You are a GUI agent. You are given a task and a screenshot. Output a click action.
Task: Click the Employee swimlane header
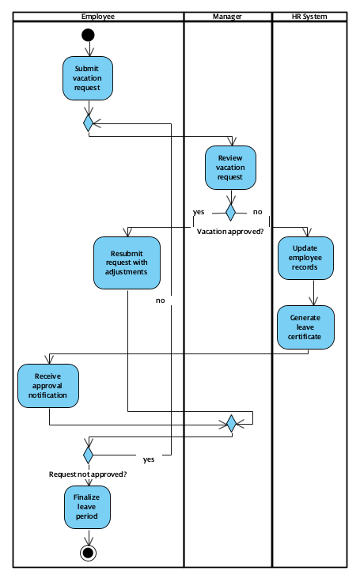pos(98,17)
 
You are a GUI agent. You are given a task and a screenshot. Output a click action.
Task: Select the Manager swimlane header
pos(228,17)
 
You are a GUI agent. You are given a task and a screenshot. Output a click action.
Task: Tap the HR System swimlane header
pos(309,17)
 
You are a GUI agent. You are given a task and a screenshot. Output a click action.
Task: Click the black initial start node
pos(88,35)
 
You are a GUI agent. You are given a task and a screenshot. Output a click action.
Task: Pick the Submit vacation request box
pos(88,78)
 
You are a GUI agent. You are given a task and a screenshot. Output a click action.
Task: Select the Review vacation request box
pos(230,168)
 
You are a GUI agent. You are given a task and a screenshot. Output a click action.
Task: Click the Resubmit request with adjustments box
pos(127,263)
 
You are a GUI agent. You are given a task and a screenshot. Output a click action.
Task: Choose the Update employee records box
pos(305,258)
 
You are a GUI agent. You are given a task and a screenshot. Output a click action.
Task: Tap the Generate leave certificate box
pos(305,327)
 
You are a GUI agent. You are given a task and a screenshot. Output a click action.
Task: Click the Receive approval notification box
pos(49,385)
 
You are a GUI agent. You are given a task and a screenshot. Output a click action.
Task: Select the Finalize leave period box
pos(88,507)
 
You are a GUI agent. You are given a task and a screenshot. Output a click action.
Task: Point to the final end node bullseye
pos(88,552)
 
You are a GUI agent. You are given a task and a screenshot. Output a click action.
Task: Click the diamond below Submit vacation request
pos(88,122)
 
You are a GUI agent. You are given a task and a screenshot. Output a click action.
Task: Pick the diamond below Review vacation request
pos(230,212)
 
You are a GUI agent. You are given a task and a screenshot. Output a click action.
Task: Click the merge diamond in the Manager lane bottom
pos(230,424)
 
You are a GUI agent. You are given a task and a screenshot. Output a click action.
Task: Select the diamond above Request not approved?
pos(88,455)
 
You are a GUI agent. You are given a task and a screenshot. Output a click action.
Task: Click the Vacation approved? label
pos(230,231)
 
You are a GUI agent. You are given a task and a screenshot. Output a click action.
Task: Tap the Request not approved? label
pos(88,474)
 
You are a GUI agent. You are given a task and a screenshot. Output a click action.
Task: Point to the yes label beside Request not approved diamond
pos(149,459)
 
